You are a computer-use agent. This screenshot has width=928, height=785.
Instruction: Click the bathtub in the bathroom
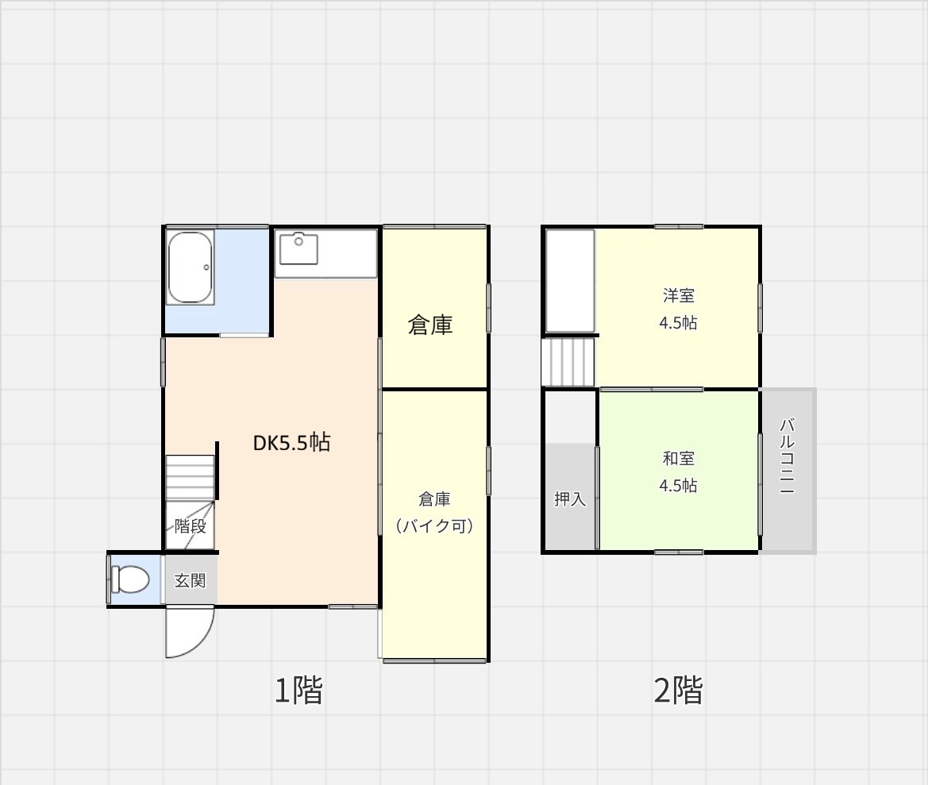(x=190, y=267)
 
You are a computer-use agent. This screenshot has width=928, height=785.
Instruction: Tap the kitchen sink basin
(x=298, y=249)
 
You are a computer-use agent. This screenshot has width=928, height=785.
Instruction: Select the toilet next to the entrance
(x=129, y=579)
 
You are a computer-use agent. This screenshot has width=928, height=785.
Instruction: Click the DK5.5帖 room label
(x=291, y=442)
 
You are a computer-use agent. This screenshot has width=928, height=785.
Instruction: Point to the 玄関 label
(x=190, y=580)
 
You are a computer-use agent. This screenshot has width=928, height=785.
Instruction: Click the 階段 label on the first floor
(x=190, y=526)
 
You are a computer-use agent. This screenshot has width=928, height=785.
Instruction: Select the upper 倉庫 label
(x=430, y=325)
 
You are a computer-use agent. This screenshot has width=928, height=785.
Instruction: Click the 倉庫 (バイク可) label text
(x=434, y=512)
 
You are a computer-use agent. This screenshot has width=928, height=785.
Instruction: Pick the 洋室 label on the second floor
(x=678, y=295)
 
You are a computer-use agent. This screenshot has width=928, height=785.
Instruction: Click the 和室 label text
(x=678, y=459)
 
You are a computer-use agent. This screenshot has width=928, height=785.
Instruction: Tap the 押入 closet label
(x=570, y=499)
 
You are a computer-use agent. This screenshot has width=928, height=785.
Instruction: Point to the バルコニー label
(x=787, y=456)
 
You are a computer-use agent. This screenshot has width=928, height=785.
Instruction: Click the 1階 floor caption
(x=298, y=690)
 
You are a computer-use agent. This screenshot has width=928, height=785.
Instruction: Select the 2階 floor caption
(x=678, y=690)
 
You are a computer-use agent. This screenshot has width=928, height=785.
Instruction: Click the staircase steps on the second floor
(x=568, y=362)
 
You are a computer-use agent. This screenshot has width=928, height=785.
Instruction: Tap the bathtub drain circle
(x=206, y=267)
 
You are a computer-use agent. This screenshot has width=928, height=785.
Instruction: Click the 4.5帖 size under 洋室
(x=678, y=323)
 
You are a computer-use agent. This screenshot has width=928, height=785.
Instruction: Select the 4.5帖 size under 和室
(x=678, y=486)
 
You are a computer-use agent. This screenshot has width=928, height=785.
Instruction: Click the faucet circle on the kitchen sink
(x=298, y=241)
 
